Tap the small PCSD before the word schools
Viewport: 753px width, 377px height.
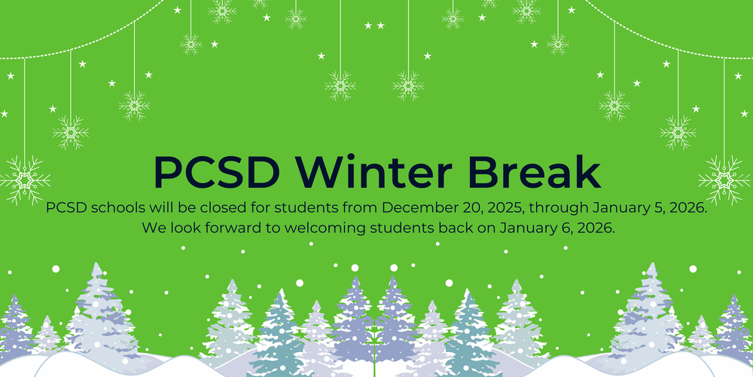66,207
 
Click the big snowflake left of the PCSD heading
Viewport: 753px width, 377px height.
25,180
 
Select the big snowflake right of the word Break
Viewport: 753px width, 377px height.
724,179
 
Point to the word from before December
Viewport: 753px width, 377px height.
364,207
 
